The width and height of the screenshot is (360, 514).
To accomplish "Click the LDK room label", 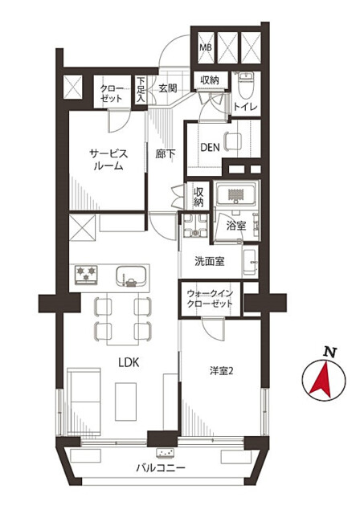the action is pos(129,362).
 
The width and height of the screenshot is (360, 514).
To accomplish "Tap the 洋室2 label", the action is pos(221,371).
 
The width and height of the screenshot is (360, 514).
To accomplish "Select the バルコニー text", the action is pos(161,467).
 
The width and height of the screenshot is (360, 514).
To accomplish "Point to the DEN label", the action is pos(210,148).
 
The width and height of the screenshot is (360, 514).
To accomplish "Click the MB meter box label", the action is pos(206,47).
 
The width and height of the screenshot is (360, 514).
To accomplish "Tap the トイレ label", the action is pos(245,107).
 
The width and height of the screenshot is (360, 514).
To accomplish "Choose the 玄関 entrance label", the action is pos(168,88).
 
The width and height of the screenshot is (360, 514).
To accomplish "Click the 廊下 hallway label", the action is pos(166,153).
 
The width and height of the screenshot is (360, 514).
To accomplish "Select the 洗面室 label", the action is pos(210,261).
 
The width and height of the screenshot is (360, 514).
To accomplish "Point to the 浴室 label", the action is pos(236,226).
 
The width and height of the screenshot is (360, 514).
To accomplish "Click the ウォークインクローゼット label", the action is pos(210,299).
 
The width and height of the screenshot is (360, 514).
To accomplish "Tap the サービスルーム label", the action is pos(108,160).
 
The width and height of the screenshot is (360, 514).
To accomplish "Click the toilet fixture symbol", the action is pos(246,85).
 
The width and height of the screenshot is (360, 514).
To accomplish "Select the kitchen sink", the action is pos(131,276).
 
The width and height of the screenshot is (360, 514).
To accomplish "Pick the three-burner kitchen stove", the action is pos(86,275).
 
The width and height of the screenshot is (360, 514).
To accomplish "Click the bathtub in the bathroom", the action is pos(235,195).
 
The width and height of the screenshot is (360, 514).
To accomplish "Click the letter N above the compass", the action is pos(330,352).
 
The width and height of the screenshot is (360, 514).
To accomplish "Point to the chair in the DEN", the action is pos(233,141).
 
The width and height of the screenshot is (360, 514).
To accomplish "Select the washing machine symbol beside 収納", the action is pos(195,226).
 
